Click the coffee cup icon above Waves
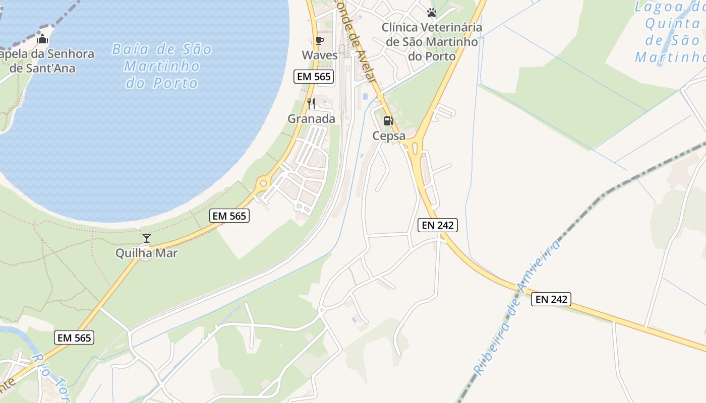pyautogui.click(x=319, y=40)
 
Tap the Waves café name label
pyautogui.click(x=320, y=55)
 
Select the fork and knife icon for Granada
pyautogui.click(x=311, y=104)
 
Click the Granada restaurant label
pyautogui.click(x=311, y=119)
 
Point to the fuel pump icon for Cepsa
pyautogui.click(x=388, y=121)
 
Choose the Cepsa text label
pyautogui.click(x=389, y=136)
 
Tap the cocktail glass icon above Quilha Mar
pyautogui.click(x=147, y=238)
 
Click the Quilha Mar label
pyautogui.click(x=147, y=253)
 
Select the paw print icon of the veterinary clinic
pyautogui.click(x=431, y=13)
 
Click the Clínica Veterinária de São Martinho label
pyautogui.click(x=432, y=42)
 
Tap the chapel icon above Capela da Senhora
pyautogui.click(x=43, y=39)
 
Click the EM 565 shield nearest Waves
pyautogui.click(x=313, y=77)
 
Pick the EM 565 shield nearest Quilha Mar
pyautogui.click(x=229, y=216)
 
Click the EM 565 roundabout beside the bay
pyautogui.click(x=262, y=183)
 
